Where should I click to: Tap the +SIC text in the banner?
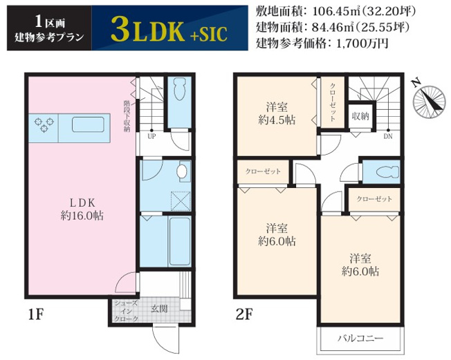coord(209,34)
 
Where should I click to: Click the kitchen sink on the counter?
coord(88,124)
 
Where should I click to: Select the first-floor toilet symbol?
coord(180,88)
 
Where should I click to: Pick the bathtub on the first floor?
coord(180,241)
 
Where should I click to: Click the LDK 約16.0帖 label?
coord(82,209)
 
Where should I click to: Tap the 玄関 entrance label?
coord(159,309)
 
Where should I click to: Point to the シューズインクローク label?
coord(127,311)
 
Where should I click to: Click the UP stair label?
coord(151,137)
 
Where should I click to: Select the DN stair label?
coord(388,137)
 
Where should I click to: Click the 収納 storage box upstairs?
coord(360,116)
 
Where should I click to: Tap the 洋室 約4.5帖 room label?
coord(277,113)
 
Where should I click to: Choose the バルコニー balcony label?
coord(360,338)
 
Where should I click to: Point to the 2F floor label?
coord(244,314)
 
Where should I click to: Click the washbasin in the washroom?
coord(181,171)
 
